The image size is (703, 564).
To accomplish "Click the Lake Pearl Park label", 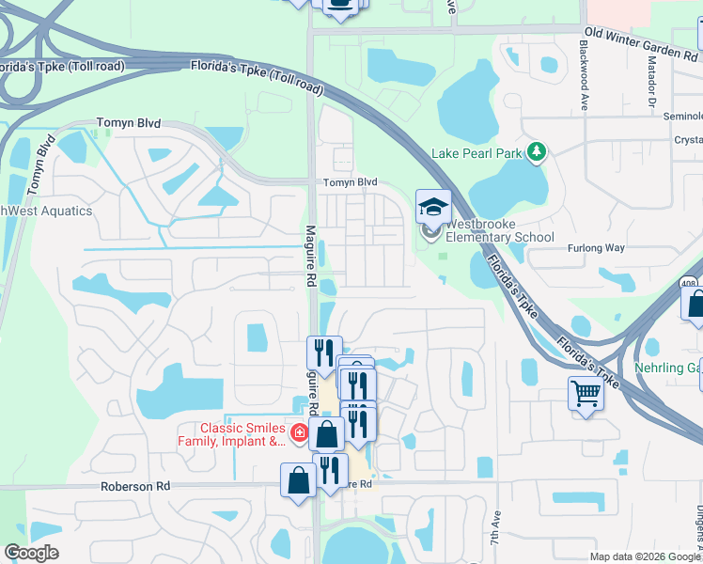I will (x=477, y=153).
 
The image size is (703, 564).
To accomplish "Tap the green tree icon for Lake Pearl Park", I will (x=537, y=151).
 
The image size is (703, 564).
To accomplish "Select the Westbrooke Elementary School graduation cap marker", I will (x=433, y=208).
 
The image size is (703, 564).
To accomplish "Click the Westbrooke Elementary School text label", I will (x=499, y=230).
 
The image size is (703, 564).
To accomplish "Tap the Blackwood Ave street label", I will (x=584, y=75).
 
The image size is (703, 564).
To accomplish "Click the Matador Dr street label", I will (x=650, y=79).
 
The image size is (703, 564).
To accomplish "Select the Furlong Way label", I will (x=596, y=248).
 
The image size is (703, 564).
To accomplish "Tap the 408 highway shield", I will (x=690, y=282).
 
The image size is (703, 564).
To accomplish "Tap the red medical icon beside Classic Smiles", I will (x=299, y=433).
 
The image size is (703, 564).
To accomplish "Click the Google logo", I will (x=31, y=553).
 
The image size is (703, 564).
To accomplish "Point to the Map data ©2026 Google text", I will (x=644, y=556).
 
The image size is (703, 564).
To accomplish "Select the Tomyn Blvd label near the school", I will (x=350, y=182).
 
